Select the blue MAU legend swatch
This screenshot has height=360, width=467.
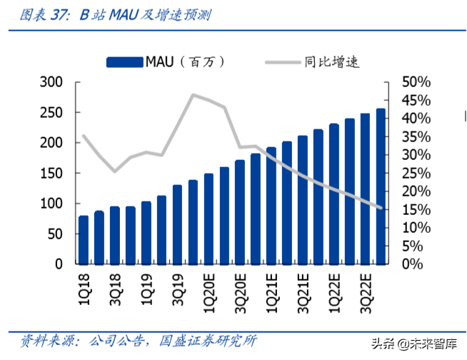pyautogui.click(x=125, y=62)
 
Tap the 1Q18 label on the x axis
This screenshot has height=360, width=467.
pyautogui.click(x=84, y=286)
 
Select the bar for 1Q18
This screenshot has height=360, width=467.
pyautogui.click(x=84, y=239)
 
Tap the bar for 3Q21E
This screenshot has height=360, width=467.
pyautogui.click(x=302, y=199)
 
